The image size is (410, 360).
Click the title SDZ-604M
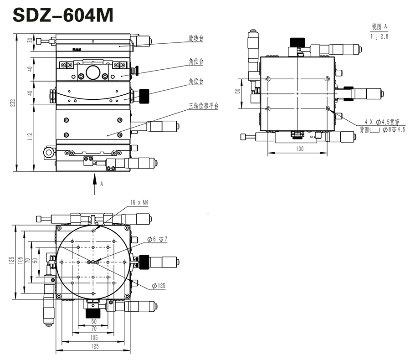pyautogui.click(x=62, y=15)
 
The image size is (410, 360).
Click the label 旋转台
pyautogui.click(x=195, y=38)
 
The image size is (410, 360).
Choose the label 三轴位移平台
pyautogui.click(x=203, y=106)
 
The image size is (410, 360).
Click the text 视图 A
pyautogui.click(x=379, y=26)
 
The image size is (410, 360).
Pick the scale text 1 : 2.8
pyautogui.click(x=379, y=37)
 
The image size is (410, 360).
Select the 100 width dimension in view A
pyautogui.click(x=299, y=149)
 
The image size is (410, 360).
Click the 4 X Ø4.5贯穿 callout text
pyautogui.click(x=380, y=122)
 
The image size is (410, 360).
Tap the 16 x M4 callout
pyautogui.click(x=139, y=202)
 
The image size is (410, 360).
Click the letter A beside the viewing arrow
pyautogui.click(x=102, y=183)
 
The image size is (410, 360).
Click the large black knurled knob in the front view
pyautogui.click(x=144, y=96)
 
